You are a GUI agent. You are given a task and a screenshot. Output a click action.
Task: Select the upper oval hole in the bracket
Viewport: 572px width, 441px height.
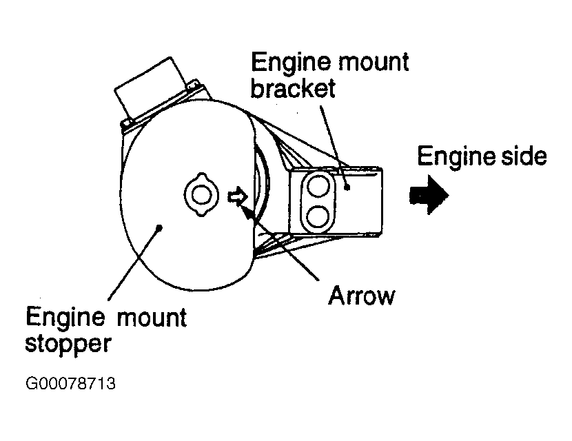[319, 185]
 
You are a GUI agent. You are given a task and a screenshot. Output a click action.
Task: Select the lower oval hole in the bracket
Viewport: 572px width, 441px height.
[319, 216]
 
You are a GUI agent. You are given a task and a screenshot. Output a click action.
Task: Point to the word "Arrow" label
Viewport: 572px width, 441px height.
[362, 296]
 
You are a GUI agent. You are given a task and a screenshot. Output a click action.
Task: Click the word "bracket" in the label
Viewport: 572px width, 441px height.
[292, 89]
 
